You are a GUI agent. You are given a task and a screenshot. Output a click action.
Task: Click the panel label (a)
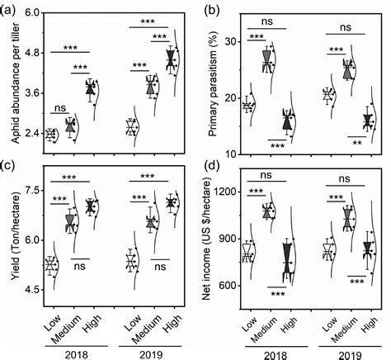pyautogui.click(x=12, y=10)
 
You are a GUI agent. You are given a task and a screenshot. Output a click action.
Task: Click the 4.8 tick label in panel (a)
pyautogui.click(x=29, y=52)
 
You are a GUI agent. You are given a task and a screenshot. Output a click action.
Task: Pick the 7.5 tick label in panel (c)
pyautogui.click(x=29, y=191)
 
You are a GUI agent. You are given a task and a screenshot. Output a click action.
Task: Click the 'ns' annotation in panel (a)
pyautogui.click(x=59, y=108)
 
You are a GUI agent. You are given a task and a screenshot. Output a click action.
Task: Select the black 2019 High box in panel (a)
pyautogui.click(x=171, y=59)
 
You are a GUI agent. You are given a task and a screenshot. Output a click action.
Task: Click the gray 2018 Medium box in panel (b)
pyautogui.click(x=266, y=59)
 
